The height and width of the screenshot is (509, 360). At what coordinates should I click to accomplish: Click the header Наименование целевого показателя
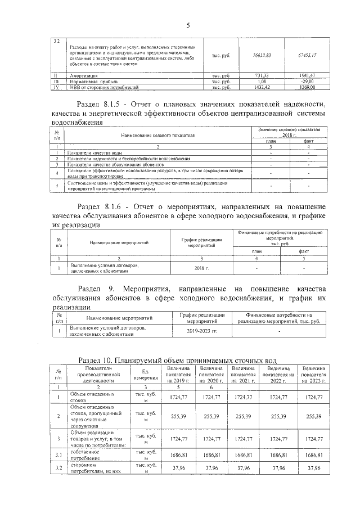[x=157, y=136]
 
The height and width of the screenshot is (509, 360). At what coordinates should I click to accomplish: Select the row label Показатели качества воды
[x=94, y=152]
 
